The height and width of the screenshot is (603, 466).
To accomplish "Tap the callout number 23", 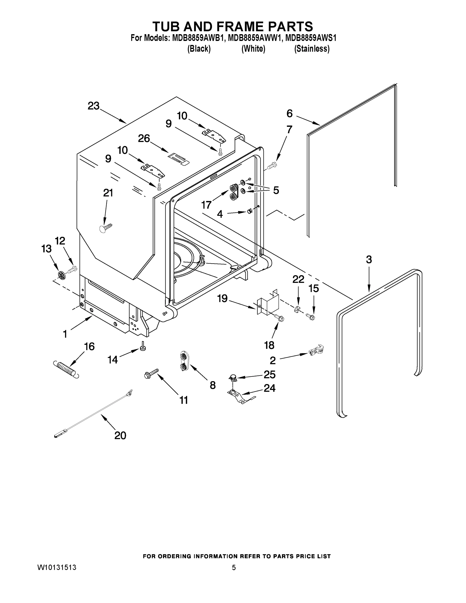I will (93, 106).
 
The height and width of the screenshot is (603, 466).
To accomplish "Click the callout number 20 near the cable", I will (120, 435).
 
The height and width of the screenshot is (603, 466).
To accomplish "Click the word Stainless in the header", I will (312, 49).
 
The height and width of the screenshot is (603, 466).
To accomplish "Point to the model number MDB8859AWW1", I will (255, 38).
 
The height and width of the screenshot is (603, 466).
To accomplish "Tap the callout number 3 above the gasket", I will (369, 259).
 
